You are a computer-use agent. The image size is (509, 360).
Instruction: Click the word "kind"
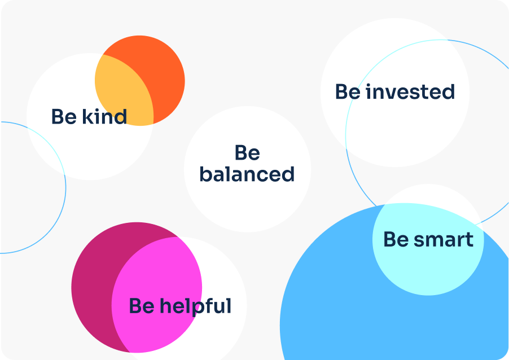click(x=104, y=116)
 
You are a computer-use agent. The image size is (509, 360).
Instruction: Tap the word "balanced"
click(x=247, y=174)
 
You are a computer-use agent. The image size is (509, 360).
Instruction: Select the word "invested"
click(x=410, y=91)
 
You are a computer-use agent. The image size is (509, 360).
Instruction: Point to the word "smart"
click(x=444, y=240)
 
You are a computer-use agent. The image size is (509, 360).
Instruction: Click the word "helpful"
click(x=195, y=306)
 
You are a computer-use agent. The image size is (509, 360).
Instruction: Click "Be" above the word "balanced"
click(x=247, y=152)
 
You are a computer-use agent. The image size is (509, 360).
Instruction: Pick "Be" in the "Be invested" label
click(x=348, y=91)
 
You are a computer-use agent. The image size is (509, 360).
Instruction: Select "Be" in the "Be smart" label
click(x=396, y=240)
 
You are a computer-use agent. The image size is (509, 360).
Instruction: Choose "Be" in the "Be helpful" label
click(x=142, y=306)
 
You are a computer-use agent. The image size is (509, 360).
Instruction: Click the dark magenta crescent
click(x=94, y=286)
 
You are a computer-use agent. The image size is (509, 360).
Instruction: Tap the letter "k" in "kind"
click(x=87, y=116)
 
